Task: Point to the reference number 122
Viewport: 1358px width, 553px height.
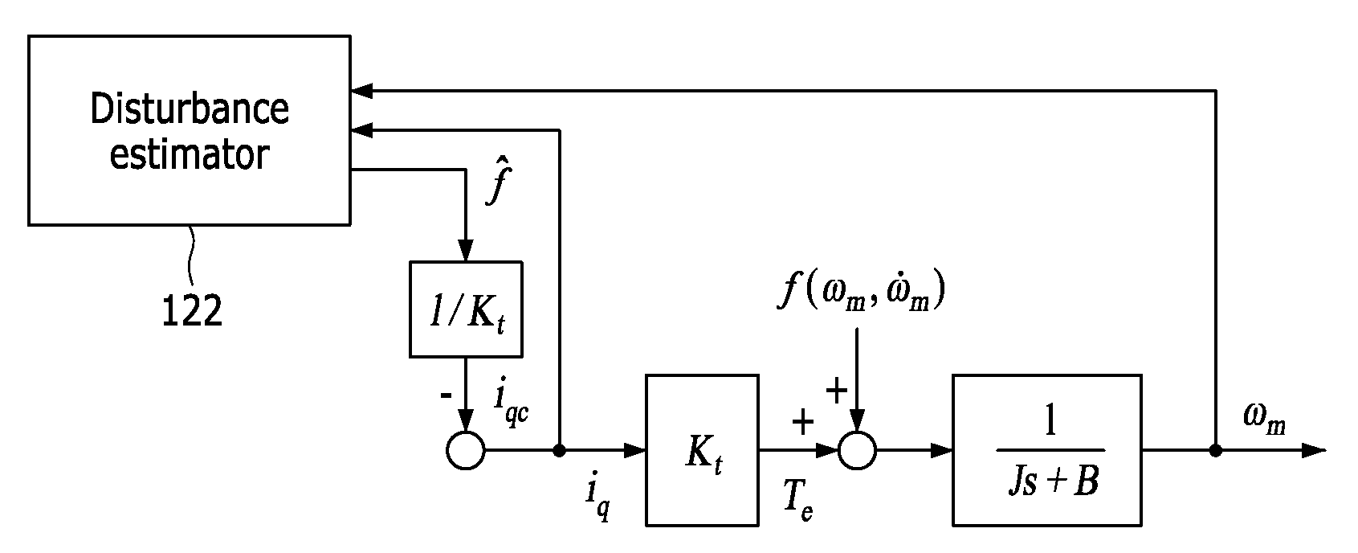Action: [x=192, y=311]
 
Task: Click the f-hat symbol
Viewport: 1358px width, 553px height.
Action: [x=499, y=180]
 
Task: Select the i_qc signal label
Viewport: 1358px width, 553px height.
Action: [x=511, y=405]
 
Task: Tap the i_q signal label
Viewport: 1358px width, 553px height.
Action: [x=597, y=494]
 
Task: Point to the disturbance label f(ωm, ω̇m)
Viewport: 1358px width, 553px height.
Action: [x=861, y=292]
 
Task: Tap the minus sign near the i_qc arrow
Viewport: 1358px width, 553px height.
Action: [x=446, y=395]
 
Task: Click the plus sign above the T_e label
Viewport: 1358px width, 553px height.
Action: [x=803, y=422]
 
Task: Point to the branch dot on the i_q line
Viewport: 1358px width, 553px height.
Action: [x=559, y=450]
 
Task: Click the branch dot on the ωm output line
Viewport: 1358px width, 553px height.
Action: [x=1216, y=450]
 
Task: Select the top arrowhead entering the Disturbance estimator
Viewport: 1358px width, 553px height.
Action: [x=362, y=91]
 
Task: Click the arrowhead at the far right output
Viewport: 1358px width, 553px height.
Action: [x=1315, y=450]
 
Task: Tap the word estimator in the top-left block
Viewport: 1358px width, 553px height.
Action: [x=190, y=155]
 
